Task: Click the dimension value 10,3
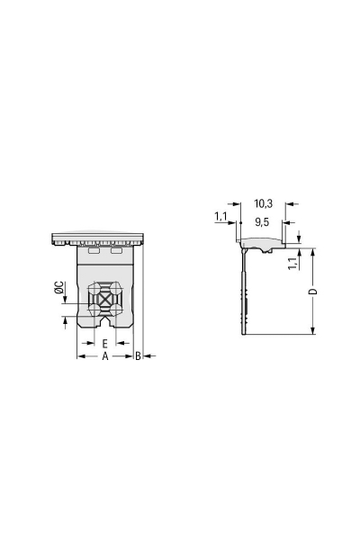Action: point(263,203)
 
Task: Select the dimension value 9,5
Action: point(262,220)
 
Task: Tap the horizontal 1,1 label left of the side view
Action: point(220,217)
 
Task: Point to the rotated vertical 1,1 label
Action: point(291,263)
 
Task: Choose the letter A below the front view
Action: point(104,357)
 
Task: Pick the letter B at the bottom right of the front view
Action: point(138,357)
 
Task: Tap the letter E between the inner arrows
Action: point(104,344)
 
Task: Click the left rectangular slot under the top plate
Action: point(94,252)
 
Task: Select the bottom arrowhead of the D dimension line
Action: point(312,332)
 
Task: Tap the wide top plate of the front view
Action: point(97,238)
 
